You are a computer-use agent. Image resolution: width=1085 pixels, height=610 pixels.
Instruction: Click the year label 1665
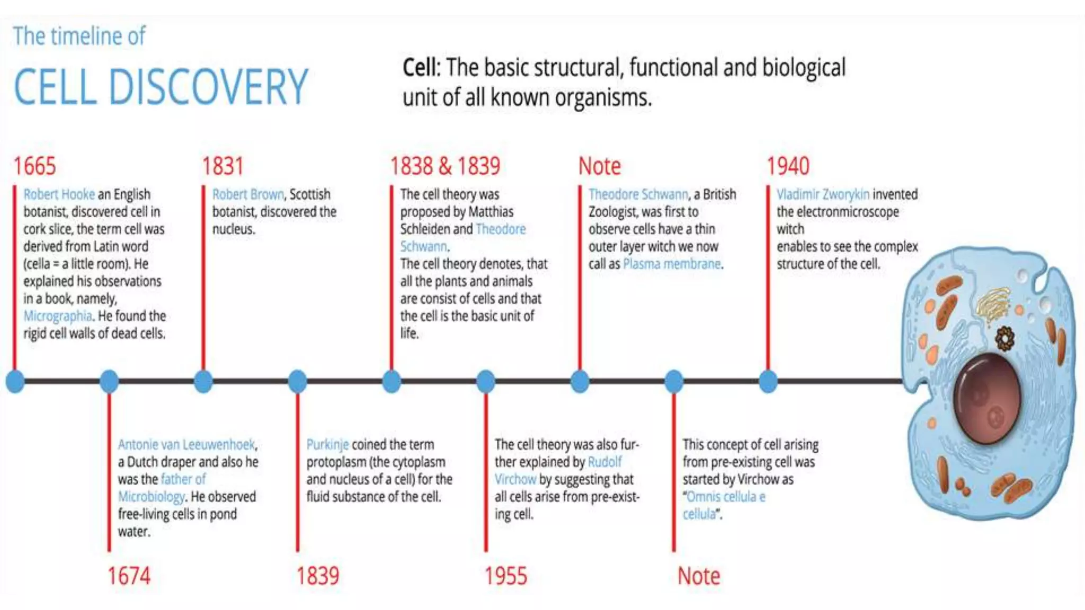pyautogui.click(x=34, y=166)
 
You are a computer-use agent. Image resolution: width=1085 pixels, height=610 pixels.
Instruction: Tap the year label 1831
pyautogui.click(x=223, y=166)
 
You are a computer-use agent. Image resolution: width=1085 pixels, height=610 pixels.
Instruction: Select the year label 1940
pyautogui.click(x=788, y=166)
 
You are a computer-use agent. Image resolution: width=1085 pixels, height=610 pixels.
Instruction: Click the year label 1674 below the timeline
pyautogui.click(x=129, y=576)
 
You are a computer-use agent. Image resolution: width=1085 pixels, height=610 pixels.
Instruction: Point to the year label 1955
pyautogui.click(x=506, y=576)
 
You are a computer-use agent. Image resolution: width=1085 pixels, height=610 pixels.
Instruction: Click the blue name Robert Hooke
pyautogui.click(x=59, y=194)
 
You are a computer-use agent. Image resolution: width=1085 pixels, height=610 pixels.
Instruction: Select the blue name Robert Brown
pyautogui.click(x=248, y=194)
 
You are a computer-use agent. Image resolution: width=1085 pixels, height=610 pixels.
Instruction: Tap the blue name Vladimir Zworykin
pyautogui.click(x=823, y=194)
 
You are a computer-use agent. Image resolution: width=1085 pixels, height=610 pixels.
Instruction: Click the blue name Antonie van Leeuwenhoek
pyautogui.click(x=186, y=444)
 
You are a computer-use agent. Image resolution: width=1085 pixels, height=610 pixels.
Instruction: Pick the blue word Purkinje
pyautogui.click(x=327, y=444)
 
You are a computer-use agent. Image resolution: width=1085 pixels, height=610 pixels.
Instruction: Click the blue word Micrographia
pyautogui.click(x=58, y=316)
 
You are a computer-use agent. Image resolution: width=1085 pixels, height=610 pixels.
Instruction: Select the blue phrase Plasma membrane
pyautogui.click(x=672, y=264)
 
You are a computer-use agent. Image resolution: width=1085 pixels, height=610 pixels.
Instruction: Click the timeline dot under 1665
pyautogui.click(x=15, y=381)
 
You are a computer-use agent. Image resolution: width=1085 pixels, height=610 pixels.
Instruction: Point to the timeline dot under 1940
pyautogui.click(x=768, y=381)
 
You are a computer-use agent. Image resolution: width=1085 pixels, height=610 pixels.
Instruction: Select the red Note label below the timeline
pyautogui.click(x=699, y=576)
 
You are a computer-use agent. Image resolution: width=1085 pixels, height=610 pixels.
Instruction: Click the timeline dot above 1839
pyautogui.click(x=298, y=381)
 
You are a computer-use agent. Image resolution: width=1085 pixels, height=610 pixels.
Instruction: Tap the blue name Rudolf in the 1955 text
pyautogui.click(x=605, y=462)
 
